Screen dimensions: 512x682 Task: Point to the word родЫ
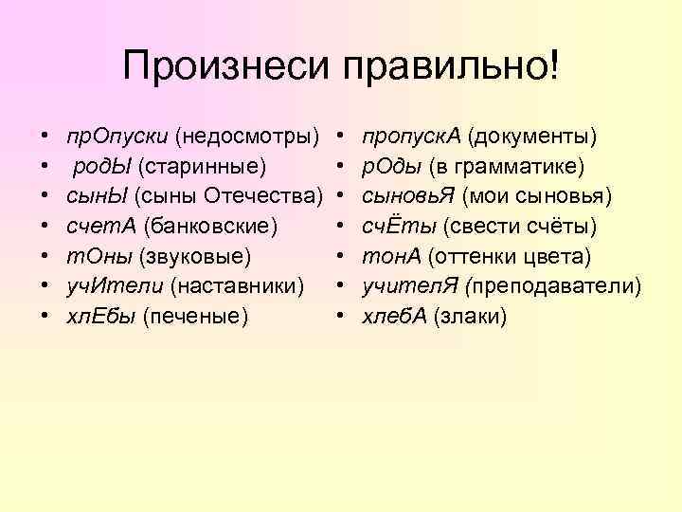(x=101, y=167)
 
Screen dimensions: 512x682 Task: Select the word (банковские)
(x=208, y=226)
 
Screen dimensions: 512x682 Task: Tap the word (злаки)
(x=470, y=314)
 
